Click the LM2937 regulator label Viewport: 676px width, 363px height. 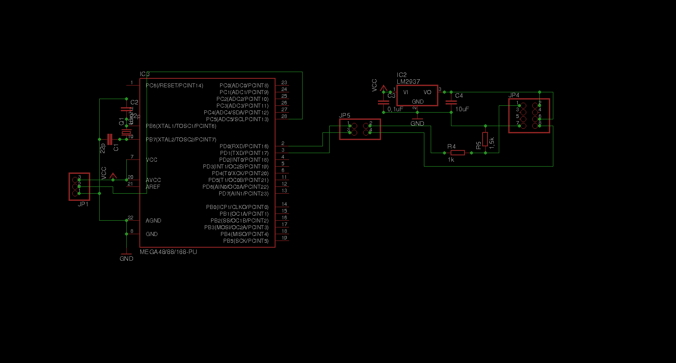click(x=408, y=82)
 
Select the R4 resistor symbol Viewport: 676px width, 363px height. click(x=457, y=153)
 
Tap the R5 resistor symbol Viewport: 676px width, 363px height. click(x=485, y=139)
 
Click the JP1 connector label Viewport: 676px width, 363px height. click(x=83, y=204)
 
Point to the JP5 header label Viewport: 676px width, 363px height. click(x=345, y=115)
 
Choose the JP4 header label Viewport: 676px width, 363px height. click(x=514, y=95)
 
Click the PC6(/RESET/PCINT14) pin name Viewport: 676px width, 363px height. click(x=175, y=85)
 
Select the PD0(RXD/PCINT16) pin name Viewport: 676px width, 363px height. click(x=244, y=146)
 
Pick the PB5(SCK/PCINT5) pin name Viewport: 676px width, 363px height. click(x=246, y=241)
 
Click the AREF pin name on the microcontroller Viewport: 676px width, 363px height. click(x=153, y=186)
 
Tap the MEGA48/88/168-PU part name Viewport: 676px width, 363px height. click(x=168, y=252)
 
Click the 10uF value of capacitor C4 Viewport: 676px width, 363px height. click(x=462, y=109)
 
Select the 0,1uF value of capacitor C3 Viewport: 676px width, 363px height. click(x=395, y=109)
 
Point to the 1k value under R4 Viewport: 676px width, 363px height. click(x=451, y=159)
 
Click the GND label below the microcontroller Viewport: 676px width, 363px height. click(x=126, y=259)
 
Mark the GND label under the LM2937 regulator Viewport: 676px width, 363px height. click(x=418, y=123)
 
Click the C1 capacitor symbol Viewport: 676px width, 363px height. click(x=110, y=139)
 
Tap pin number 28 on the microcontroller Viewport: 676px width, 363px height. click(x=284, y=116)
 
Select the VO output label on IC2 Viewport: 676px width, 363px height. click(x=428, y=92)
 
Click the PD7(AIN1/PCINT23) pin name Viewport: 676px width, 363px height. click(x=244, y=194)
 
